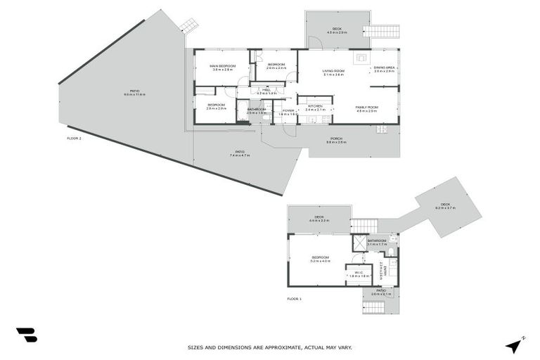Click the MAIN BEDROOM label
pos(221,66)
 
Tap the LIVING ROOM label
pos(333,71)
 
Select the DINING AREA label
pos(384,68)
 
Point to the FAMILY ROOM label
pos(367,108)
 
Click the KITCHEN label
pos(314,108)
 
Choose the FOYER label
pos(288,111)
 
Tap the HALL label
pos(266,91)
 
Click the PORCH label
pos(337,139)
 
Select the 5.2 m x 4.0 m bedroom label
pos(321,259)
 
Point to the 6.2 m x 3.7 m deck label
pos(446,206)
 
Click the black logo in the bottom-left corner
pos(27,335)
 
